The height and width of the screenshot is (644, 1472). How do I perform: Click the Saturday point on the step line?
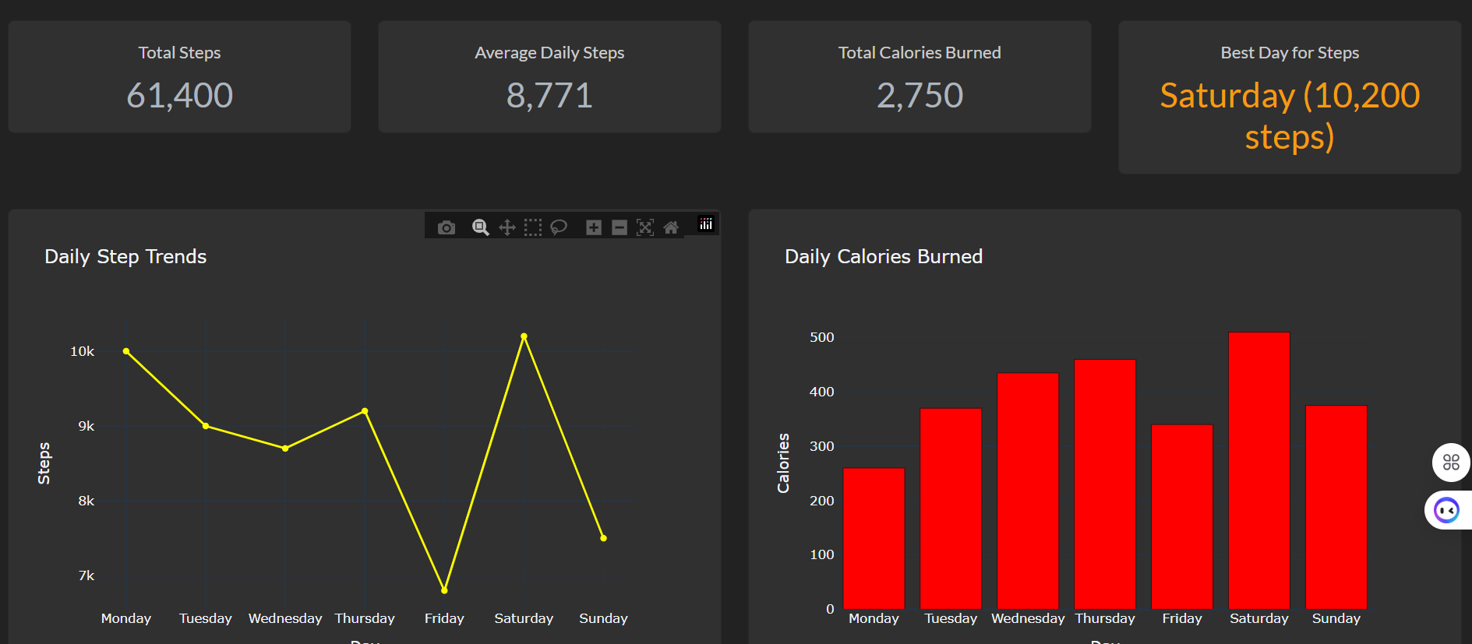tap(524, 336)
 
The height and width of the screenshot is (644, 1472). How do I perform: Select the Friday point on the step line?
tap(444, 590)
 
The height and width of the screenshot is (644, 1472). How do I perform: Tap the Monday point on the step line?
tap(126, 351)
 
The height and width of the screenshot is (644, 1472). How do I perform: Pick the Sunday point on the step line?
tap(603, 538)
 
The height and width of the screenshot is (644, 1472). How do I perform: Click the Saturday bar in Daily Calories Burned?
tap(1258, 470)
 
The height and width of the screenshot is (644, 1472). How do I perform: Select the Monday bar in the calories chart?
tap(874, 538)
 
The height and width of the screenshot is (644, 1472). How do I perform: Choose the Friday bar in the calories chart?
tap(1181, 516)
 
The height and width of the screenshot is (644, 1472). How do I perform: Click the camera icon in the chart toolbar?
tap(447, 227)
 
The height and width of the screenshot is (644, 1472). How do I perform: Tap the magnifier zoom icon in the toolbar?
tap(481, 227)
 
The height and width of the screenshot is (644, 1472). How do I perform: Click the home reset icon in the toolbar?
tap(671, 227)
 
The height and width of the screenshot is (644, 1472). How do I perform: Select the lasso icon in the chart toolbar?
tap(559, 227)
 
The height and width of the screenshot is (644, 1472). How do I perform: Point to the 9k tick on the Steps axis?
tap(86, 426)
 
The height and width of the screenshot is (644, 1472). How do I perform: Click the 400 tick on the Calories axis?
tap(821, 392)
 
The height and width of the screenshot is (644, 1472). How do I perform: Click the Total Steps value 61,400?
tap(179, 96)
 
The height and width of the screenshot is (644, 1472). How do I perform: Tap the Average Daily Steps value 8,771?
tap(549, 96)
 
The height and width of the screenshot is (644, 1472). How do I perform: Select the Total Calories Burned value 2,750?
tap(920, 96)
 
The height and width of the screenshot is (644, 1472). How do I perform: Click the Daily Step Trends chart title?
tap(125, 256)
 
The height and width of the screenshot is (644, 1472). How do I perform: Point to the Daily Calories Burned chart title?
tap(883, 256)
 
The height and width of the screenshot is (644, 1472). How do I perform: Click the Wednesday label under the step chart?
tap(285, 618)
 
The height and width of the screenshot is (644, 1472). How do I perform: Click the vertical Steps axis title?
tap(44, 463)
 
